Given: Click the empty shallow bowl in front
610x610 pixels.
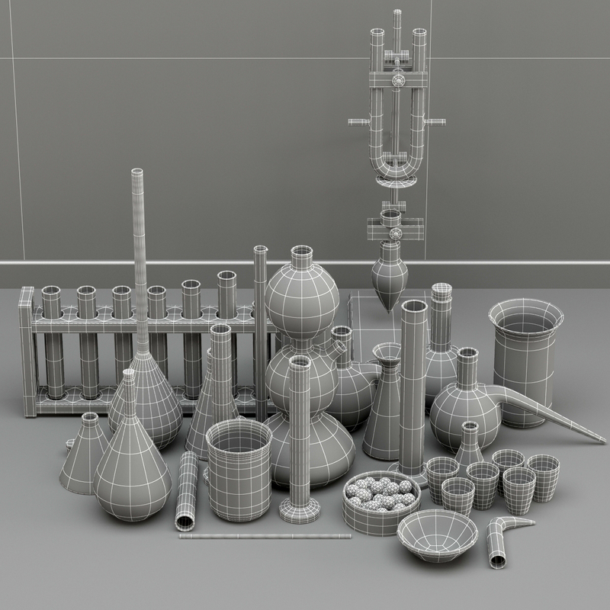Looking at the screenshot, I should click(438, 534).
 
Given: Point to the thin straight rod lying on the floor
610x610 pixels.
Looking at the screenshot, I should click(265, 536).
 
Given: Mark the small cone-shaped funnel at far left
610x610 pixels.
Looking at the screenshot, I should click(84, 450).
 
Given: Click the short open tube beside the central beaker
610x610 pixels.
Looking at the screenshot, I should click(186, 492).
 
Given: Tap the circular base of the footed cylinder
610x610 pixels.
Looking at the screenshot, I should click(300, 509).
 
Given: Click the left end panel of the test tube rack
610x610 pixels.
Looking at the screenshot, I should click(27, 351).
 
